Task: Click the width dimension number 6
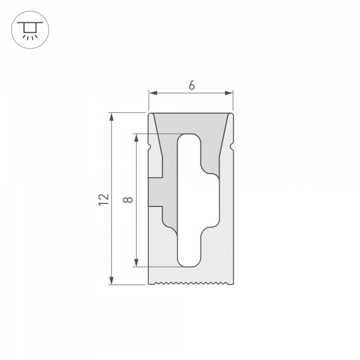[x=191, y=85]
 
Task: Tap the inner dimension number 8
[x=127, y=199]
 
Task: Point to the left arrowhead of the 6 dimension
[x=153, y=93]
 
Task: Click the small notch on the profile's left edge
[x=150, y=146]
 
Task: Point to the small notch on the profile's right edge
[x=232, y=146]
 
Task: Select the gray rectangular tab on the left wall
[x=155, y=192]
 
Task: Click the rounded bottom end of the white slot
[x=188, y=262]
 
